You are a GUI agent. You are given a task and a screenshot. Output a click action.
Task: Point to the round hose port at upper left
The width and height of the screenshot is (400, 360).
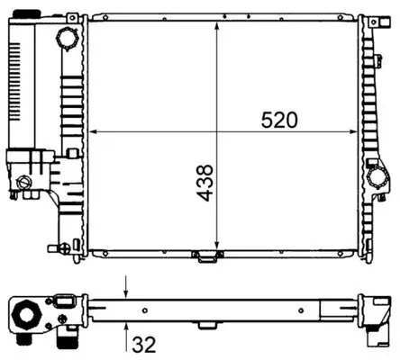click(x=67, y=40)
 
